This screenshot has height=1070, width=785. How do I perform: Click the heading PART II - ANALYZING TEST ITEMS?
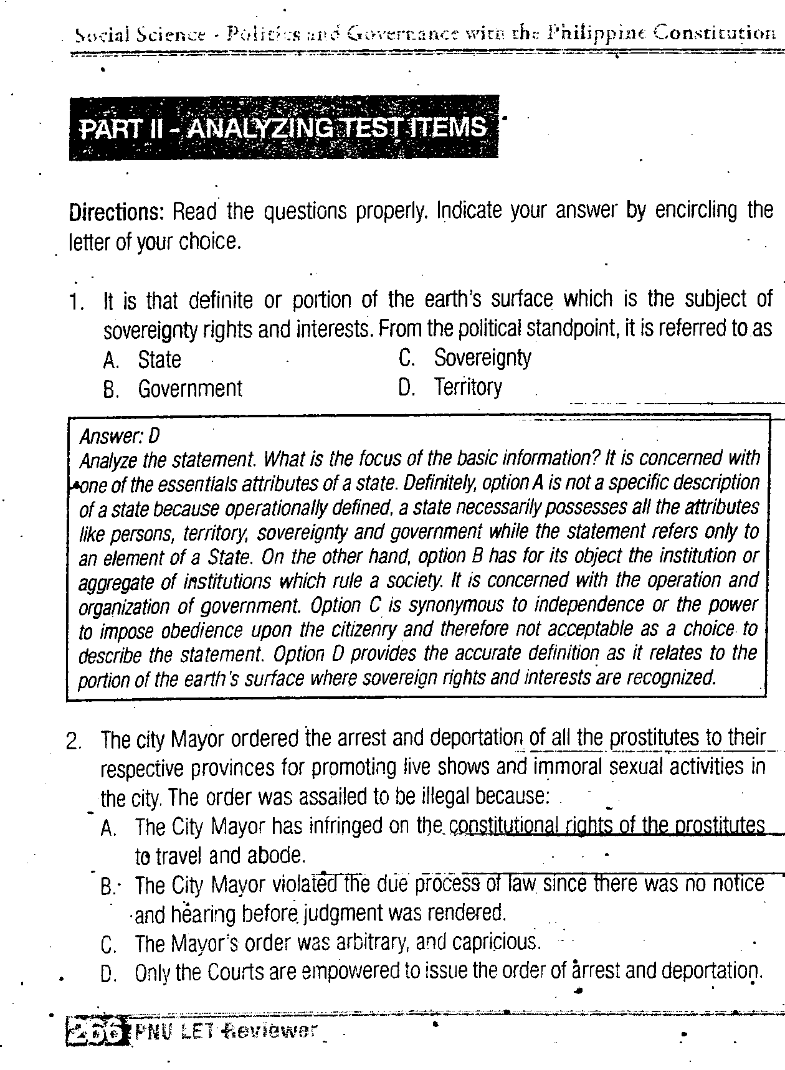(x=283, y=127)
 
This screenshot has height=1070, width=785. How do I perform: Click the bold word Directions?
(x=115, y=212)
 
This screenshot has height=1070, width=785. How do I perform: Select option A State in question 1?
(x=159, y=359)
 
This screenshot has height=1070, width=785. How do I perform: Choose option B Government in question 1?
(x=189, y=389)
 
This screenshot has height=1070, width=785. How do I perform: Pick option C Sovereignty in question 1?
(x=482, y=357)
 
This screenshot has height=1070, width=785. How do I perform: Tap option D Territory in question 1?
(x=467, y=387)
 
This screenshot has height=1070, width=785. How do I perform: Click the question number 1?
(x=77, y=302)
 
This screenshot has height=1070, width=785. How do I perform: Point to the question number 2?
(x=74, y=742)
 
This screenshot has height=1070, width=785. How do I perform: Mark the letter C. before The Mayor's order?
(x=108, y=945)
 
